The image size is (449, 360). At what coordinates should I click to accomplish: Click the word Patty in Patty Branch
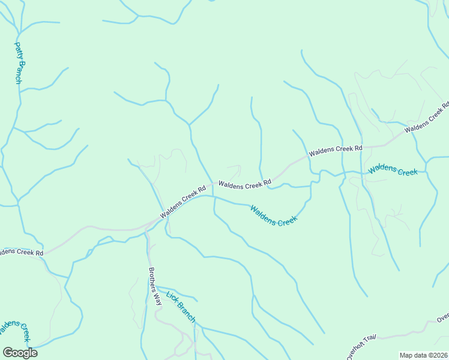[18, 50]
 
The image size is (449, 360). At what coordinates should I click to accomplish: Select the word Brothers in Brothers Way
[152, 277]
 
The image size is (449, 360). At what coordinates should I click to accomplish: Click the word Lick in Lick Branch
[172, 296]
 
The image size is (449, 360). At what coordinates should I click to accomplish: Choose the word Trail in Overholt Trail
[370, 337]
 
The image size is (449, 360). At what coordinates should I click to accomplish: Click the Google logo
[20, 353]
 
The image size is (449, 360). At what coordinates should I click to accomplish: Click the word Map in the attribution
[406, 355]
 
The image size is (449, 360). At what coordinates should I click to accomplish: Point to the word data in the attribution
[421, 355]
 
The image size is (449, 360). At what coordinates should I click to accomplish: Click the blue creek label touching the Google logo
[14, 329]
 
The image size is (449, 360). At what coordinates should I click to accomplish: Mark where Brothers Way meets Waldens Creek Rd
[148, 226]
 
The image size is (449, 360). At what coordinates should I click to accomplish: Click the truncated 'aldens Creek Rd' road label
[22, 252]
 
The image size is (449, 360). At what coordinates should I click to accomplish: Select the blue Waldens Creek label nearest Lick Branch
[274, 215]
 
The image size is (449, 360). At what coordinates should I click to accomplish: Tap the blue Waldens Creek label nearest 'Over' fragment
[393, 170]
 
